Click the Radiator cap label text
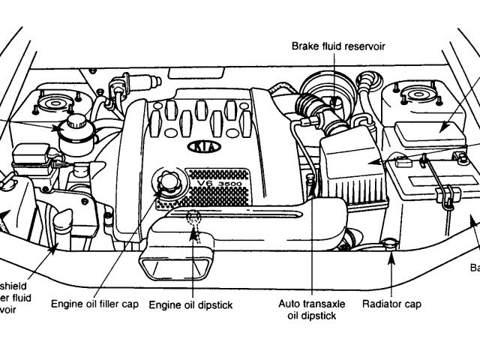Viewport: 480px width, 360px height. (391, 304)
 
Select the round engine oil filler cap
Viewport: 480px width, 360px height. (167, 181)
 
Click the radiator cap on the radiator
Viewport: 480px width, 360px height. (389, 243)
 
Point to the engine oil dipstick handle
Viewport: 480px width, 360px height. (193, 219)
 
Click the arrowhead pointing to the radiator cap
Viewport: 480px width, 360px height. (390, 258)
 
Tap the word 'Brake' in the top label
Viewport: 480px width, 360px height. (307, 46)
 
